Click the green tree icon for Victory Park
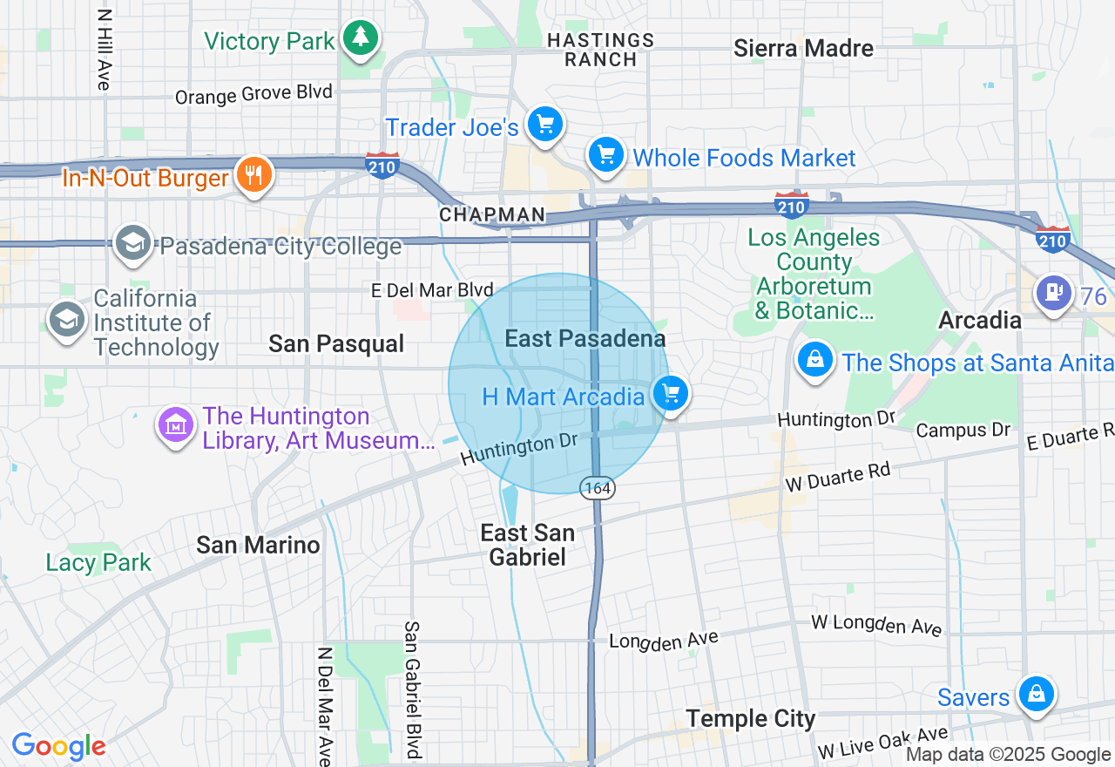click(x=360, y=37)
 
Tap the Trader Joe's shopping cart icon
click(x=545, y=124)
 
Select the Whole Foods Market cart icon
click(x=605, y=155)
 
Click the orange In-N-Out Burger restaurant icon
click(x=253, y=174)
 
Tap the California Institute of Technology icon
click(x=67, y=319)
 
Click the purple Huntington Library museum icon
click(x=176, y=425)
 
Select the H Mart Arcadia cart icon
click(x=671, y=394)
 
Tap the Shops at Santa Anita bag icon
click(x=815, y=358)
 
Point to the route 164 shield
click(x=598, y=488)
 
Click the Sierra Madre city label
click(x=803, y=48)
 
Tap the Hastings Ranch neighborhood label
click(x=600, y=50)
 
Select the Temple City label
click(x=750, y=719)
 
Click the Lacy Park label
click(x=98, y=562)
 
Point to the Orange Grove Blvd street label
click(x=253, y=94)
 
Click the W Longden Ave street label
click(x=876, y=624)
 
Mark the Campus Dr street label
click(x=963, y=431)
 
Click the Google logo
click(x=58, y=746)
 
